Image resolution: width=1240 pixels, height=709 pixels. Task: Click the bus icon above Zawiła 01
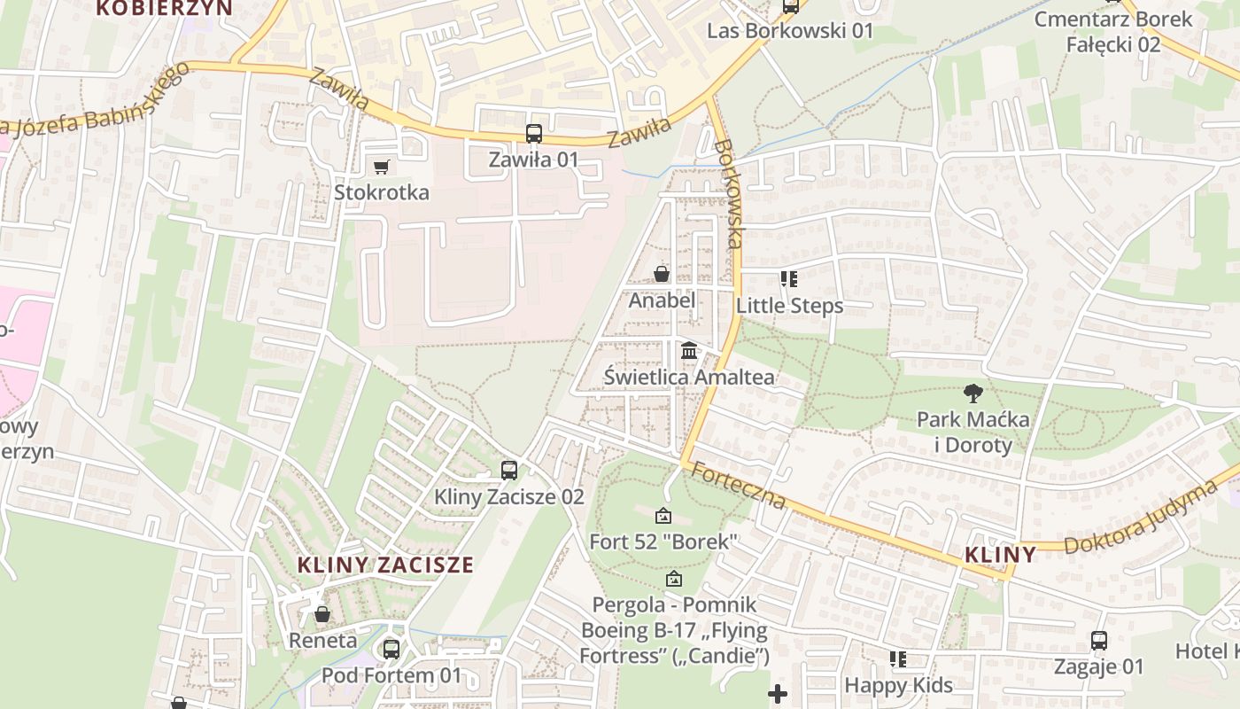[533, 134]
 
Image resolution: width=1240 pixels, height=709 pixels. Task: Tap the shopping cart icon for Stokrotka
[382, 167]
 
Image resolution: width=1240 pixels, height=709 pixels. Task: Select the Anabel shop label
[662, 300]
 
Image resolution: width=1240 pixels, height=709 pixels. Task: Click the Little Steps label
[789, 306]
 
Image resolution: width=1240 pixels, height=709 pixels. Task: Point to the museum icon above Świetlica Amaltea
[689, 351]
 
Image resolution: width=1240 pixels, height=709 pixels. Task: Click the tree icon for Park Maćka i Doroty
[973, 393]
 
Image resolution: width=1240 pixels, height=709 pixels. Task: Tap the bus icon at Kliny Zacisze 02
[509, 470]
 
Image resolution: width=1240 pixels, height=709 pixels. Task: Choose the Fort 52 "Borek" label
[663, 541]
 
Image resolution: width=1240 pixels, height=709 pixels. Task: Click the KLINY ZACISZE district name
[385, 565]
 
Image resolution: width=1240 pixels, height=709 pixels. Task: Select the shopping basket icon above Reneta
[322, 614]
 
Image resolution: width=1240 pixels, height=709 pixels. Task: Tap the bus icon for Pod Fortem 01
[391, 649]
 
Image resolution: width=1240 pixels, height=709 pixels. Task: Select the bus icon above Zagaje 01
[1098, 640]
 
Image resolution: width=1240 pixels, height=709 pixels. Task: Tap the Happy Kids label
[898, 685]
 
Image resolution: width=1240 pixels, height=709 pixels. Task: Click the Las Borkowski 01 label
[789, 31]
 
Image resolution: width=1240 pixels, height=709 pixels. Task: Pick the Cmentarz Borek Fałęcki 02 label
[1112, 31]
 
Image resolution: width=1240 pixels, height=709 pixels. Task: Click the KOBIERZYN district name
[164, 8]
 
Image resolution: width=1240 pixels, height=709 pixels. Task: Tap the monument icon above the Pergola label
[673, 580]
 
